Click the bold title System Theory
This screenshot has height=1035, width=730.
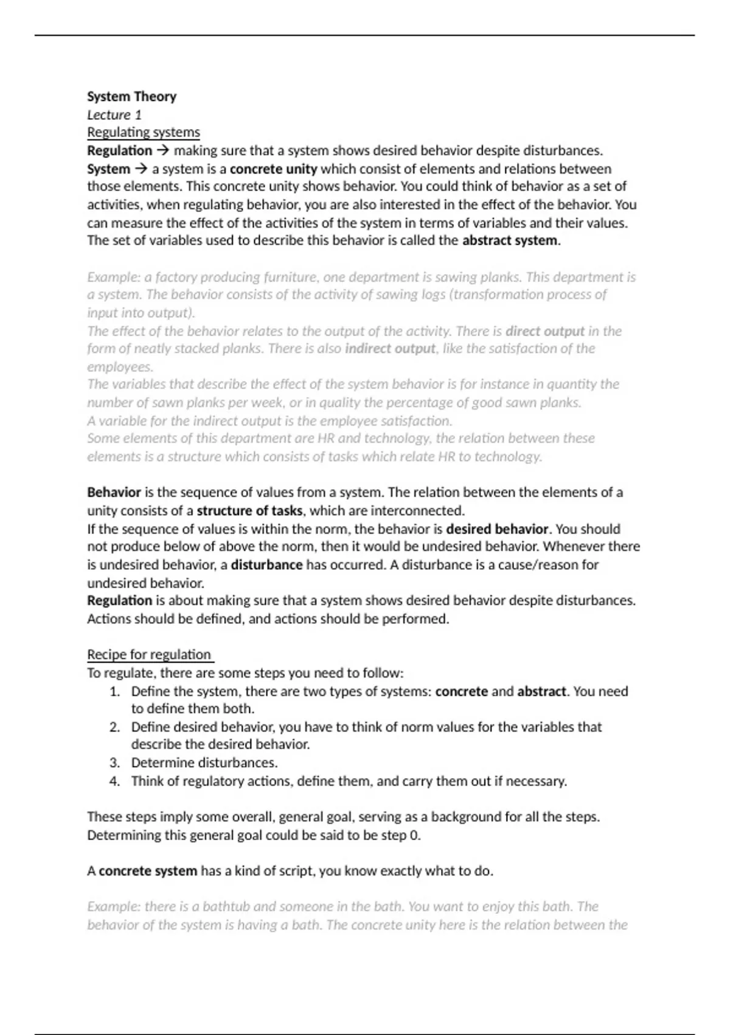[131, 96]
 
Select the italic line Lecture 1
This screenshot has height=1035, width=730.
[114, 114]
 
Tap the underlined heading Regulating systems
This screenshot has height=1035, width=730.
[143, 132]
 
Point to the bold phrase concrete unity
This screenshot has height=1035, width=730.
[273, 169]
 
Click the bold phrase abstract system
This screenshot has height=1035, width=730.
[510, 240]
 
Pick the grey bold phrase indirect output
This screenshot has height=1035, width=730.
[390, 349]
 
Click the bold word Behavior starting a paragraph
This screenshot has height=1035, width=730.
[114, 492]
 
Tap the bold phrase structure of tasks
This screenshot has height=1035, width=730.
[249, 510]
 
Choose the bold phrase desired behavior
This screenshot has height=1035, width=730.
[497, 528]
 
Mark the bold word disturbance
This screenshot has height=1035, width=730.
[266, 564]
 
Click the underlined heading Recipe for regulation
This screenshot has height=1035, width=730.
[149, 654]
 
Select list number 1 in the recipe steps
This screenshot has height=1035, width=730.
[114, 692]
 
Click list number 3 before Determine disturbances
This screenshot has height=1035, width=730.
[114, 763]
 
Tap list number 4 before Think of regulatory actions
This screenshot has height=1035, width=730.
[114, 781]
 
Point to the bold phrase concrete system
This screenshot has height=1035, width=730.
[148, 871]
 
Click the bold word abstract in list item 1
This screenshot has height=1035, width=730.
[541, 692]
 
